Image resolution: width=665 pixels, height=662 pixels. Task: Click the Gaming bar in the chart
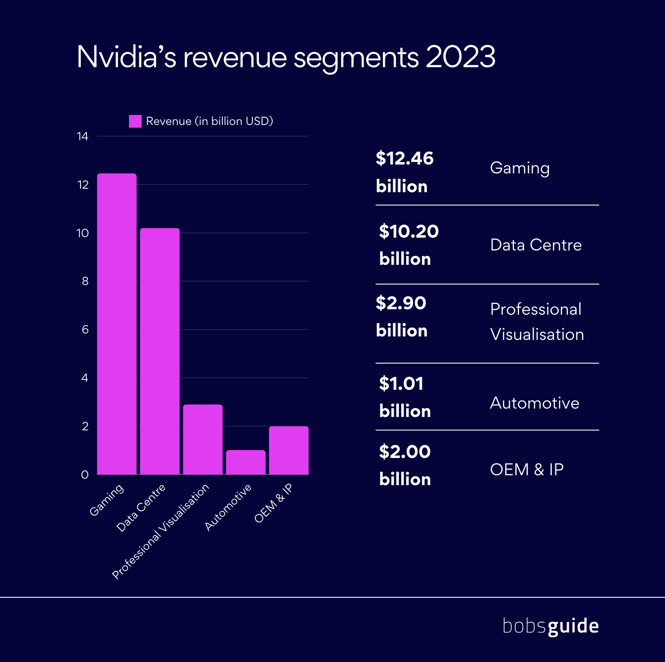click(x=117, y=324)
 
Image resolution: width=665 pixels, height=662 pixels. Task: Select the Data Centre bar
click(x=160, y=351)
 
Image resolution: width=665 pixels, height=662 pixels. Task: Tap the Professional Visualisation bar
click(x=203, y=440)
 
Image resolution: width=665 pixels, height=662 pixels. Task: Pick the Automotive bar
click(x=246, y=462)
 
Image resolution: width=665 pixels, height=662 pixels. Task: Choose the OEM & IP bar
click(x=289, y=451)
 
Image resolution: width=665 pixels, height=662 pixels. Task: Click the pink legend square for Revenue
click(x=135, y=122)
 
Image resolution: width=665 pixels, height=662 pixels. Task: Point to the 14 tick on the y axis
click(x=83, y=136)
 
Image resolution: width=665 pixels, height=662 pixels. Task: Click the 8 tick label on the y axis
click(x=85, y=281)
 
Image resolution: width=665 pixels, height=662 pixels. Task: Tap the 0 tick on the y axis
click(x=85, y=475)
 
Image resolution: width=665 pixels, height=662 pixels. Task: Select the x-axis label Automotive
click(x=228, y=507)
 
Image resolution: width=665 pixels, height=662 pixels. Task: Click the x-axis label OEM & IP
click(x=273, y=502)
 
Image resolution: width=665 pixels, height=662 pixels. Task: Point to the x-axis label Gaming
click(x=106, y=500)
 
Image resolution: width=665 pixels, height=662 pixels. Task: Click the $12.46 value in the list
click(x=404, y=159)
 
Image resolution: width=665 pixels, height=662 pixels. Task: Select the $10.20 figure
click(x=409, y=231)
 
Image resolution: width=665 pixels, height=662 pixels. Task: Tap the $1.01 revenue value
click(x=401, y=384)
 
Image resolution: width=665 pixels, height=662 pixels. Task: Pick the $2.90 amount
click(x=401, y=303)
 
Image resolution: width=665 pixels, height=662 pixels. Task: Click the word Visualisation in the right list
click(x=537, y=334)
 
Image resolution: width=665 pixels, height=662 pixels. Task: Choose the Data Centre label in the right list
click(x=536, y=245)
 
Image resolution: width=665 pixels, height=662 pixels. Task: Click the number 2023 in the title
click(x=460, y=57)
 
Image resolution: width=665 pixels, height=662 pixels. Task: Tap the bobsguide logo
click(x=550, y=626)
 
